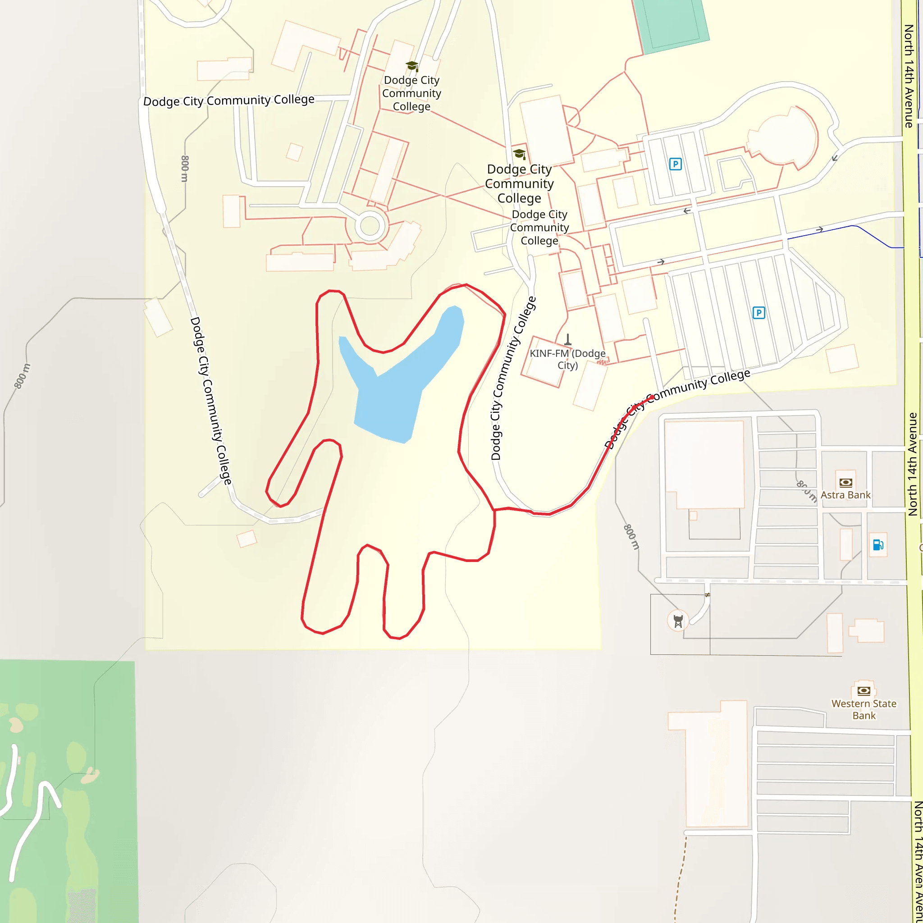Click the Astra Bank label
tap(845, 495)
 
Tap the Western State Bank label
tap(864, 709)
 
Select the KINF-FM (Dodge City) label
tap(567, 359)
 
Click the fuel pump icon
tap(877, 544)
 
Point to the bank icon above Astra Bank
tap(845, 482)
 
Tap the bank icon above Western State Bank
tap(864, 690)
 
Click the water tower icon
tap(678, 621)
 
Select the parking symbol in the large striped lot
tap(759, 313)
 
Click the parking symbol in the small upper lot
tap(675, 164)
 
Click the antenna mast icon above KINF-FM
tap(567, 340)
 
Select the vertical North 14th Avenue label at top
tap(909, 77)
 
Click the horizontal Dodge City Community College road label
tap(229, 101)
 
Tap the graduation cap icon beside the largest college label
tap(519, 154)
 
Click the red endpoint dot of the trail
tap(651, 398)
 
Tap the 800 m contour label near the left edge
tap(23, 376)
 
